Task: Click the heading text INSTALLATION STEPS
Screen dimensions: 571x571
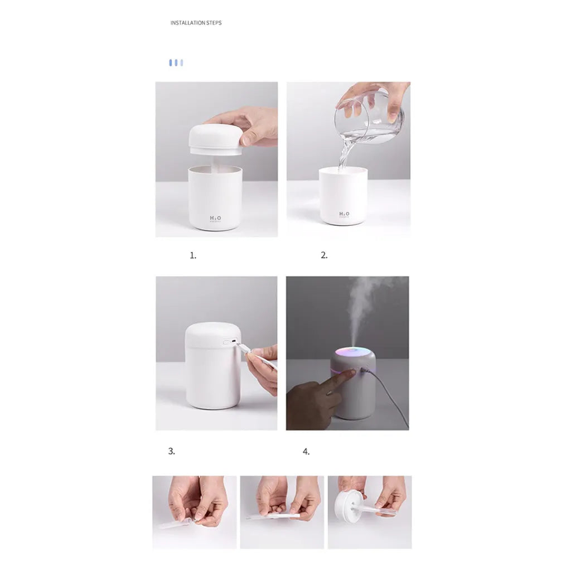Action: [196, 23]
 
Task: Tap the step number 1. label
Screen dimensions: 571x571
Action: [193, 255]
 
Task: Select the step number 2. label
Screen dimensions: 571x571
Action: [324, 255]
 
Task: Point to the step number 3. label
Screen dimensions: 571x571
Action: [172, 451]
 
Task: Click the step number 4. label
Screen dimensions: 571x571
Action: [306, 452]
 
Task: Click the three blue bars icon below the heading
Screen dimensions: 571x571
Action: [176, 63]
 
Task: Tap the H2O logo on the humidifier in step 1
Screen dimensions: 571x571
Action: [215, 219]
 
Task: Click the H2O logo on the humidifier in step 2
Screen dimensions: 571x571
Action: [344, 214]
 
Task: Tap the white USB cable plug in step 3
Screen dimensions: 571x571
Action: [244, 349]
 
